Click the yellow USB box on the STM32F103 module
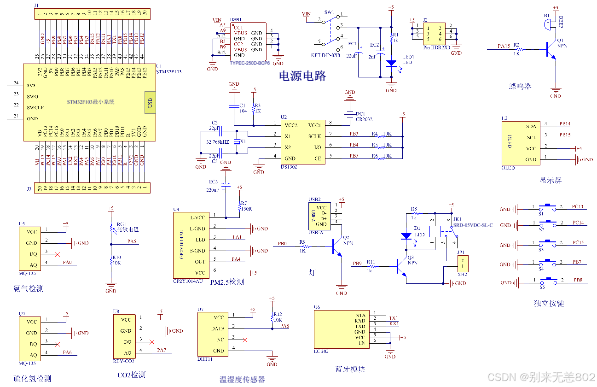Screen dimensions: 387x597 tap(150, 102)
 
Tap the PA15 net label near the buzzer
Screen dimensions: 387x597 tap(504, 46)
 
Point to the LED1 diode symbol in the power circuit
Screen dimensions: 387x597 tap(391, 64)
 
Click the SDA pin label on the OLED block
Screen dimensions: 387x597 tap(531, 126)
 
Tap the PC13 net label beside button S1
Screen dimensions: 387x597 tap(578, 207)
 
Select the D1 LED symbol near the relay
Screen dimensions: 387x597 tap(406, 235)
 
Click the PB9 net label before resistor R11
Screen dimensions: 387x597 tap(357, 264)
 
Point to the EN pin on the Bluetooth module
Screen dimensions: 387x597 tap(361, 343)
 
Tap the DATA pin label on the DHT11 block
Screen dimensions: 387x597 tap(218, 329)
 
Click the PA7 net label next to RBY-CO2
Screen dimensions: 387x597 tap(161, 350)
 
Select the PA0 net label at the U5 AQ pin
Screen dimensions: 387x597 tap(68, 262)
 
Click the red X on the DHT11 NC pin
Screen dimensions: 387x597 tap(244, 340)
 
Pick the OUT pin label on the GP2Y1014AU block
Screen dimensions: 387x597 tap(200, 262)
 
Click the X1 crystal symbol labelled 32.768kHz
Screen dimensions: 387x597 tap(237, 142)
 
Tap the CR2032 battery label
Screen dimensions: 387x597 tap(364, 120)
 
